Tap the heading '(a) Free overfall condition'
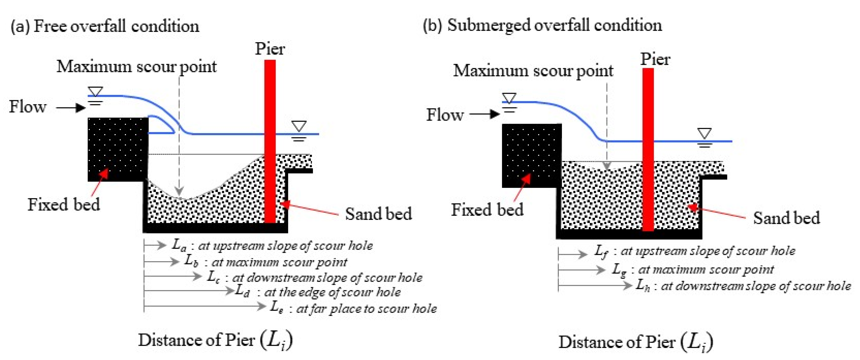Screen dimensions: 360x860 [105, 26]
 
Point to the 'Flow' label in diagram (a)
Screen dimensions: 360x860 [27, 107]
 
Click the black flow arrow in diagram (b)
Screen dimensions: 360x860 [484, 114]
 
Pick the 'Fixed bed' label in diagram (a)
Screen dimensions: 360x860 [63, 204]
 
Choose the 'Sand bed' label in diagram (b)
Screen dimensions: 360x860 [786, 218]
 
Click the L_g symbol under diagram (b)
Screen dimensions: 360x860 [619, 270]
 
